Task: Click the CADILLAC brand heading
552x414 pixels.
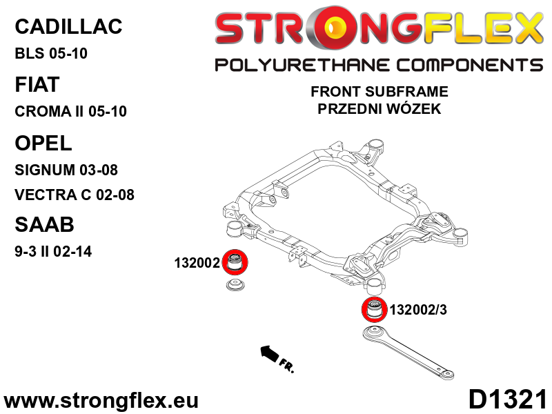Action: [x=68, y=27]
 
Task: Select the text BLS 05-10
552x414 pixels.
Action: [x=51, y=53]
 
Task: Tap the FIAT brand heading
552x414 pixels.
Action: [x=37, y=84]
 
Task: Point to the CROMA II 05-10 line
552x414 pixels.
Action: [x=70, y=111]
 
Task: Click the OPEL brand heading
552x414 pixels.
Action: [x=43, y=143]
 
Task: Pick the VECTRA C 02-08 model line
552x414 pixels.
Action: [x=74, y=195]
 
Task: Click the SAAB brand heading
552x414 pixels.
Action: [x=43, y=225]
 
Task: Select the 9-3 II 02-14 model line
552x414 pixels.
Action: [x=52, y=251]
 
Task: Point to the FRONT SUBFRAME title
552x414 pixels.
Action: [x=379, y=91]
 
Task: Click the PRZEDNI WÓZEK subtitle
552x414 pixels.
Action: [x=379, y=108]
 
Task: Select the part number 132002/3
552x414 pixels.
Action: [x=418, y=310]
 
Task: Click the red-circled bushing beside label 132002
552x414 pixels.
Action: [x=237, y=262]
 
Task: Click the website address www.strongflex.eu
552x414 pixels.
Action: [x=101, y=401]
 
